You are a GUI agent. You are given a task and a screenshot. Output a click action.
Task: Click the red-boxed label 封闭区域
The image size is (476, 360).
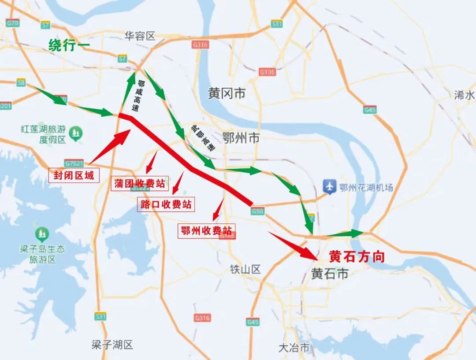(74, 175)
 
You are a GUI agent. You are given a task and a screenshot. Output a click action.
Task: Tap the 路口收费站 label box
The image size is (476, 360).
(166, 204)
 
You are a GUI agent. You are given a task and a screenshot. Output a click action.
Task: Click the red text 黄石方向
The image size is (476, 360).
(357, 257)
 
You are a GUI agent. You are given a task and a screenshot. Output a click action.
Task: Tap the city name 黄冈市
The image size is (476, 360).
(227, 93)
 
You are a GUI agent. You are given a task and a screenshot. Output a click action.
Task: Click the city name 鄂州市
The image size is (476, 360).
(241, 138)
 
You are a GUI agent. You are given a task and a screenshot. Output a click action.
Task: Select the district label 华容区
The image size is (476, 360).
(140, 36)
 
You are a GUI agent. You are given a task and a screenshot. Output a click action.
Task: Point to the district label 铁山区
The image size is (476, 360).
(245, 269)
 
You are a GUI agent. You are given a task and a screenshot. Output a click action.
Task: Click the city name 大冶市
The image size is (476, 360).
(294, 347)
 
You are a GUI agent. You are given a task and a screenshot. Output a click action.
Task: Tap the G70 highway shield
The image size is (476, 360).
(12, 22)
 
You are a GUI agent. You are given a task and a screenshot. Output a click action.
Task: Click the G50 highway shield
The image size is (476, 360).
(258, 212)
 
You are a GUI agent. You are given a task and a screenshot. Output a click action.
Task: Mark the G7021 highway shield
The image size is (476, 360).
(74, 163)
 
